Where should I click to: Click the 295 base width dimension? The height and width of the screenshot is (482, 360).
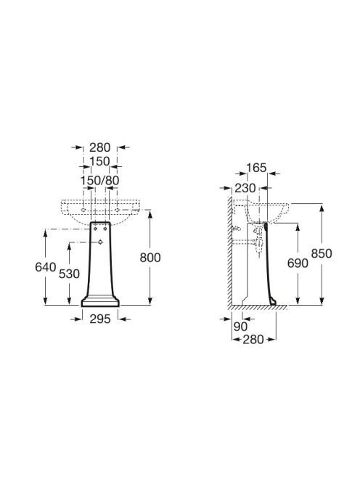tap(100, 319)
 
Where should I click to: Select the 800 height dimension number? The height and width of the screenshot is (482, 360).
tap(150, 258)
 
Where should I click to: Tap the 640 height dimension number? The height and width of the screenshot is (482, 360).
tap(46, 267)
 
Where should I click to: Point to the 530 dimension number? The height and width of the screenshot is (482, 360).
tap(69, 274)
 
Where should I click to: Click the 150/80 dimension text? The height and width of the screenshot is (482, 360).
tap(100, 181)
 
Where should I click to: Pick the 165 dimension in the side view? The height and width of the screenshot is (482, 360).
tap(256, 168)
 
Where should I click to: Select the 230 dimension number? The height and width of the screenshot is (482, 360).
tap(245, 188)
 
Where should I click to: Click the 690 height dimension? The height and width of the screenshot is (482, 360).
tap(298, 263)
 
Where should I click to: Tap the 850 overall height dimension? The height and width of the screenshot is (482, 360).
tap(322, 253)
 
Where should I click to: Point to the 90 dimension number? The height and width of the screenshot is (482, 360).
tap(240, 327)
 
